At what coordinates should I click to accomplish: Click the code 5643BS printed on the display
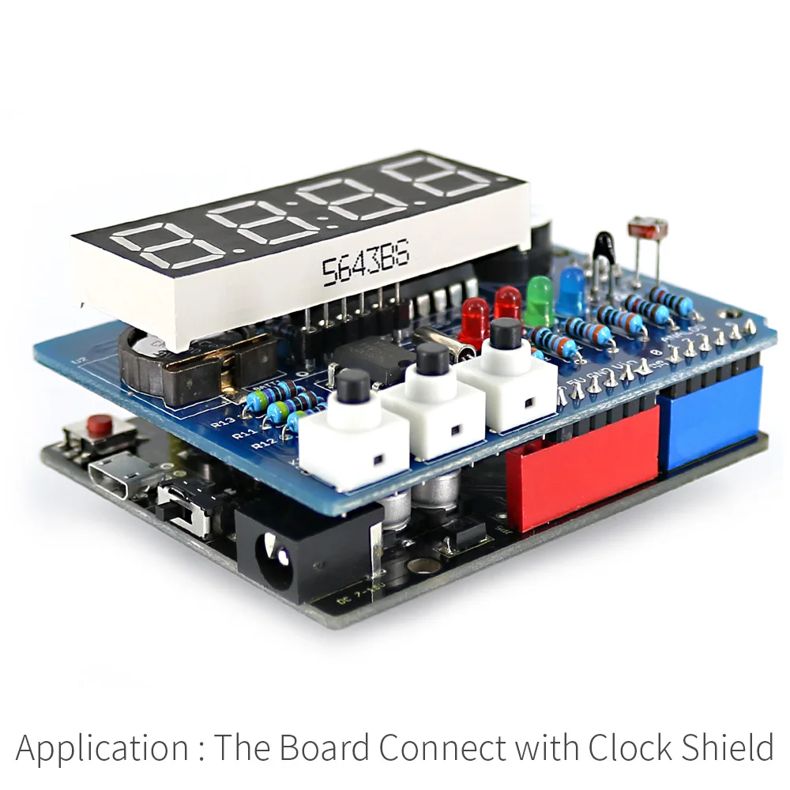[365, 266]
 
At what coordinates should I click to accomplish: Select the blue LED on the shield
[570, 289]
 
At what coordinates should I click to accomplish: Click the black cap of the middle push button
[431, 359]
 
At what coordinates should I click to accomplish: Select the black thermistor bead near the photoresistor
[605, 246]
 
